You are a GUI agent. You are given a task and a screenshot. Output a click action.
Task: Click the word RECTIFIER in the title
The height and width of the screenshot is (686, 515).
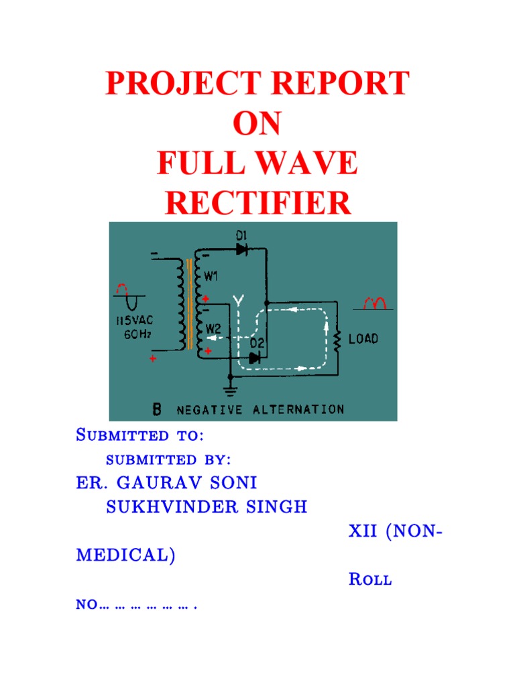point(258,202)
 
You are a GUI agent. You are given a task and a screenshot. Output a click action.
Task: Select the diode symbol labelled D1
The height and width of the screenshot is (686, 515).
point(243,249)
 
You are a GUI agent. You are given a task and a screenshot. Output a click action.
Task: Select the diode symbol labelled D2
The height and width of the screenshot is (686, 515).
point(255,358)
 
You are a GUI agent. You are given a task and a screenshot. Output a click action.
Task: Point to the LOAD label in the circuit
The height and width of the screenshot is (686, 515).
point(363,339)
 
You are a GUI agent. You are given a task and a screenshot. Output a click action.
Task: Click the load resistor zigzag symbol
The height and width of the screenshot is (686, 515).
point(337,342)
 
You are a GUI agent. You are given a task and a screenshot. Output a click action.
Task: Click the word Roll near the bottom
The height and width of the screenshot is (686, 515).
point(370,580)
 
